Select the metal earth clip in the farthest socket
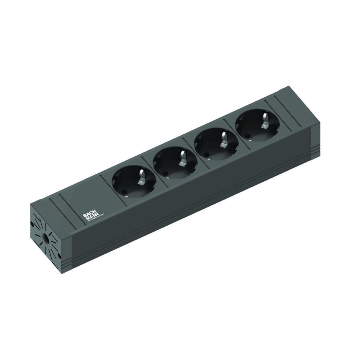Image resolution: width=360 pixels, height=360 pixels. tap(263, 119)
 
